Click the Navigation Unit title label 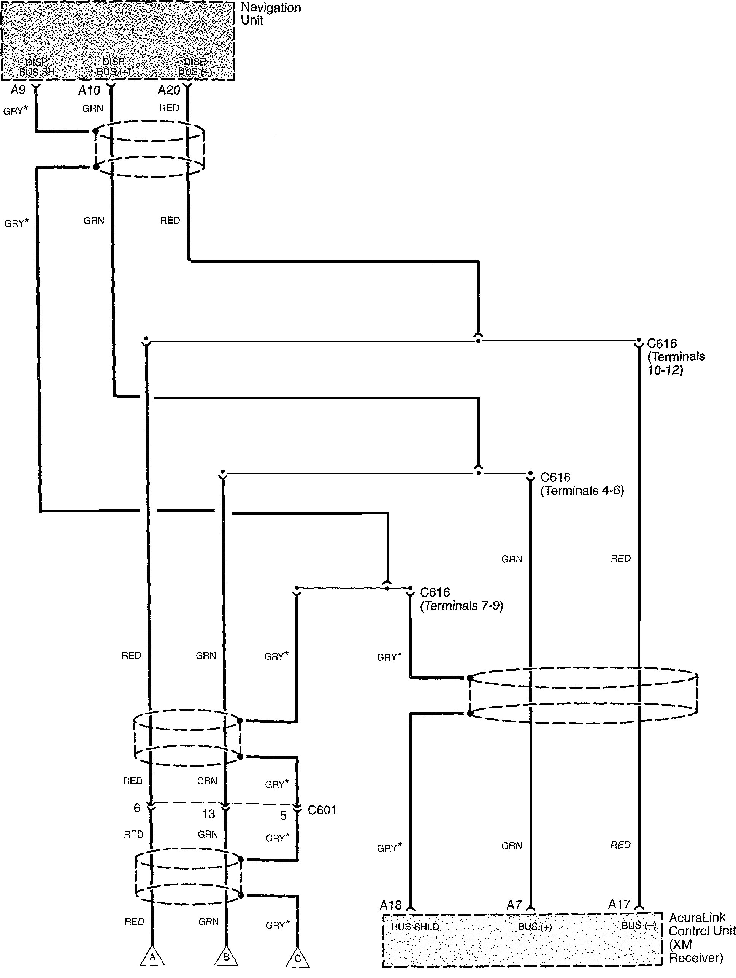click(x=271, y=14)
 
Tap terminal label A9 click(x=18, y=90)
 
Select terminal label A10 click(x=89, y=90)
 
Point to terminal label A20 click(x=169, y=90)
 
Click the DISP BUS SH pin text click(x=37, y=67)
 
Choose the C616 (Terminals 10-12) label click(x=676, y=356)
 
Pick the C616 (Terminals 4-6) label click(x=582, y=484)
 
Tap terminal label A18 click(x=391, y=905)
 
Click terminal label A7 click(x=514, y=905)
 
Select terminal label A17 click(x=619, y=904)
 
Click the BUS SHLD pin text click(x=415, y=927)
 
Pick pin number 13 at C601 click(x=208, y=814)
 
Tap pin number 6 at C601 click(x=137, y=808)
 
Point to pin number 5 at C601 click(x=283, y=816)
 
